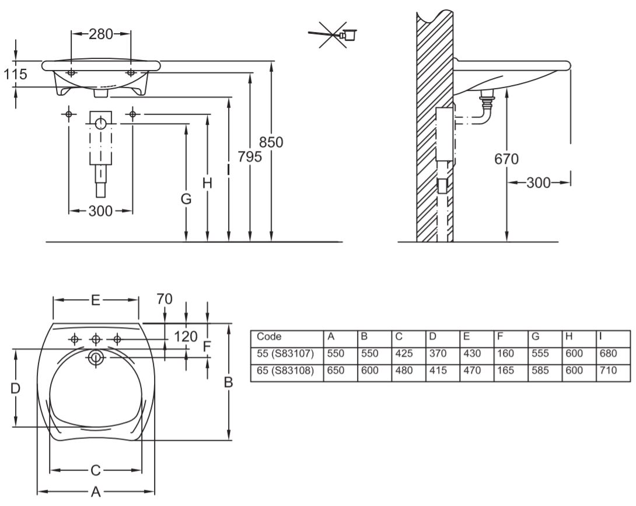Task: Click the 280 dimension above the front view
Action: click(101, 34)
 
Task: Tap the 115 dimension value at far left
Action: click(15, 74)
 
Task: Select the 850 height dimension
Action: click(271, 142)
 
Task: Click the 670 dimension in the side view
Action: click(506, 159)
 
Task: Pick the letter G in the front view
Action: click(186, 199)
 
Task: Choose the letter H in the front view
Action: click(207, 183)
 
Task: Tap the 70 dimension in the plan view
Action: click(165, 298)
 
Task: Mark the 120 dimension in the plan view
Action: click(186, 336)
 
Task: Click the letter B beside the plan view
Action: click(229, 382)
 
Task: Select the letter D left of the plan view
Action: click(16, 388)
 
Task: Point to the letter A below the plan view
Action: click(96, 491)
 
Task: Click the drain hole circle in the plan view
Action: click(95, 358)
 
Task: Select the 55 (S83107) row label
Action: click(285, 353)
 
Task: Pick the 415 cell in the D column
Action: click(436, 370)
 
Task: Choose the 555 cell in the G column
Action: click(539, 353)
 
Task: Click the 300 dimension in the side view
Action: click(539, 182)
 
